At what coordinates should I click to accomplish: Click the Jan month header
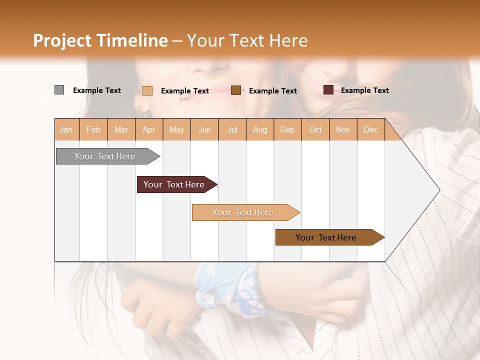[x=66, y=130]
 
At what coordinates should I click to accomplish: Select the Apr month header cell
[x=149, y=130]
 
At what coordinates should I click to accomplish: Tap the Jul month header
[x=232, y=130]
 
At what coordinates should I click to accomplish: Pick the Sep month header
[x=287, y=130]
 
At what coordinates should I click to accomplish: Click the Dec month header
[x=370, y=130]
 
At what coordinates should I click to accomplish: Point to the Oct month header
[x=315, y=130]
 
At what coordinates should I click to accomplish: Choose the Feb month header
[x=93, y=130]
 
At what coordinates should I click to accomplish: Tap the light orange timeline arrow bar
[x=243, y=212]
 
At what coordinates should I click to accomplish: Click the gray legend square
[x=59, y=90]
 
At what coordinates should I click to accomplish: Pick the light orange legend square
[x=147, y=90]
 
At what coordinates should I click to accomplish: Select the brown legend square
[x=236, y=90]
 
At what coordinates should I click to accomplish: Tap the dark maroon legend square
[x=328, y=90]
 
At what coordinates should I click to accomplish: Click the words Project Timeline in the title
[x=100, y=40]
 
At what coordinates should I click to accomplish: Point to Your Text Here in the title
[x=247, y=40]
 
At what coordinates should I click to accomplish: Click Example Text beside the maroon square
[x=364, y=90]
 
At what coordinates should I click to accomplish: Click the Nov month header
[x=343, y=130]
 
